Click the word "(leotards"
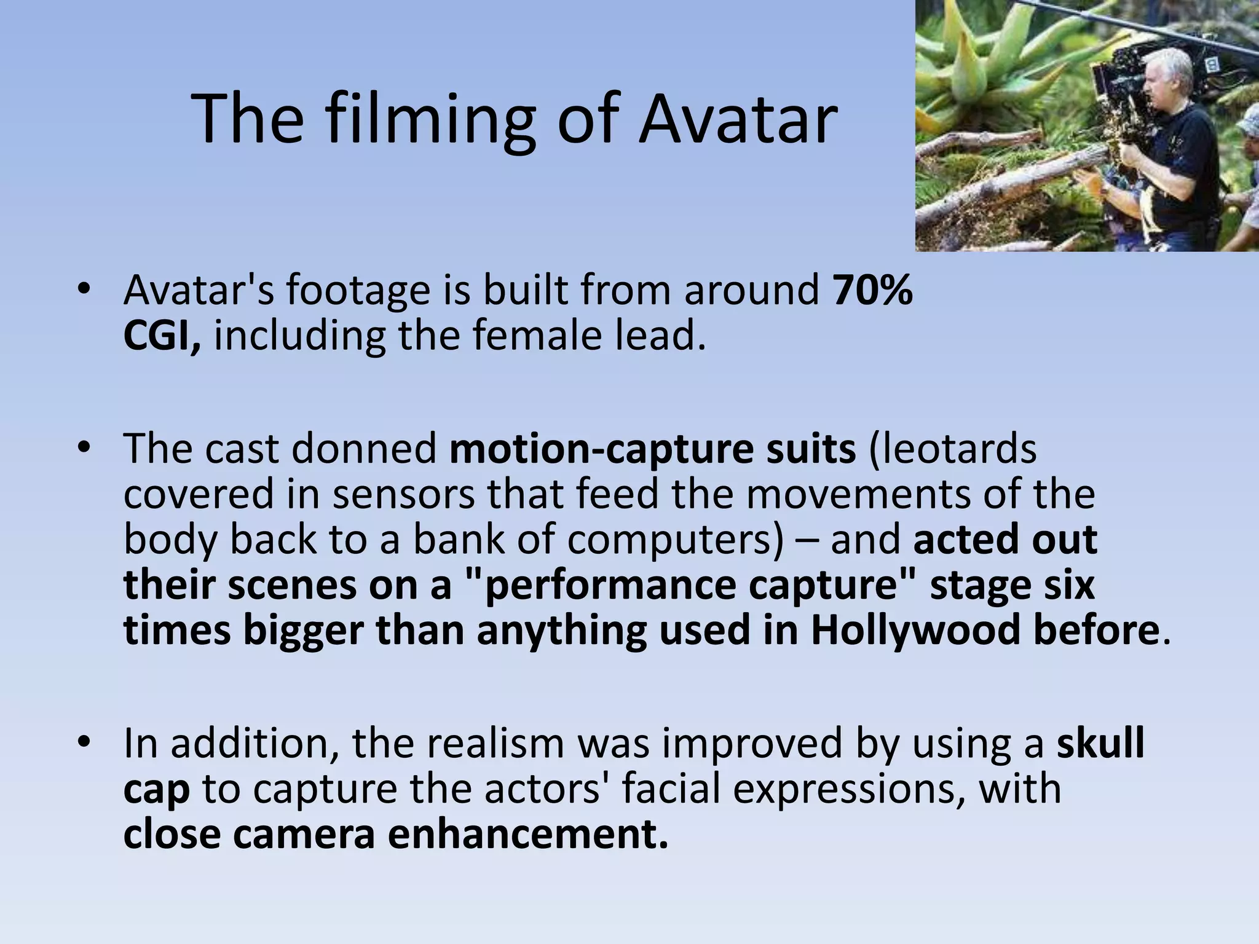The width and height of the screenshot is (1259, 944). click(x=952, y=449)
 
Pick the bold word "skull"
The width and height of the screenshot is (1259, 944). click(x=1100, y=743)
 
